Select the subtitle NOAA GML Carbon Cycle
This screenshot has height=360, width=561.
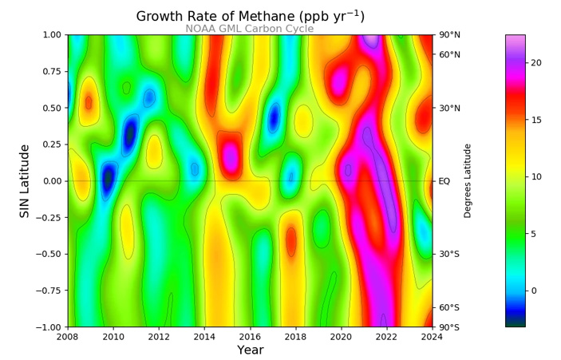pyautogui.click(x=250, y=29)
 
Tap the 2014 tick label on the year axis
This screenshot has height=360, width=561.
pyautogui.click(x=204, y=336)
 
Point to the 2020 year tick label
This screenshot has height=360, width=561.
pyautogui.click(x=342, y=336)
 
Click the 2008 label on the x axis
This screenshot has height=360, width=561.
pyautogui.click(x=68, y=336)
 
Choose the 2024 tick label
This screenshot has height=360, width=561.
pyautogui.click(x=433, y=336)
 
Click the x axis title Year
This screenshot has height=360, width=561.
pyautogui.click(x=250, y=350)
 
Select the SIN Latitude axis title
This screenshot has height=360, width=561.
pyautogui.click(x=25, y=181)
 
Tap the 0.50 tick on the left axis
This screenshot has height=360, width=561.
pyautogui.click(x=50, y=108)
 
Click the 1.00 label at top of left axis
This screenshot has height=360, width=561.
pyautogui.click(x=50, y=35)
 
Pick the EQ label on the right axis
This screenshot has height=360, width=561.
pyautogui.click(x=444, y=181)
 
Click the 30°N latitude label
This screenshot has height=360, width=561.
pyautogui.click(x=448, y=108)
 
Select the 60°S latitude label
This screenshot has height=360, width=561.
pyautogui.click(x=448, y=307)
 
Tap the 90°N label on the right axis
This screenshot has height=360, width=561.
pyautogui.click(x=448, y=35)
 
